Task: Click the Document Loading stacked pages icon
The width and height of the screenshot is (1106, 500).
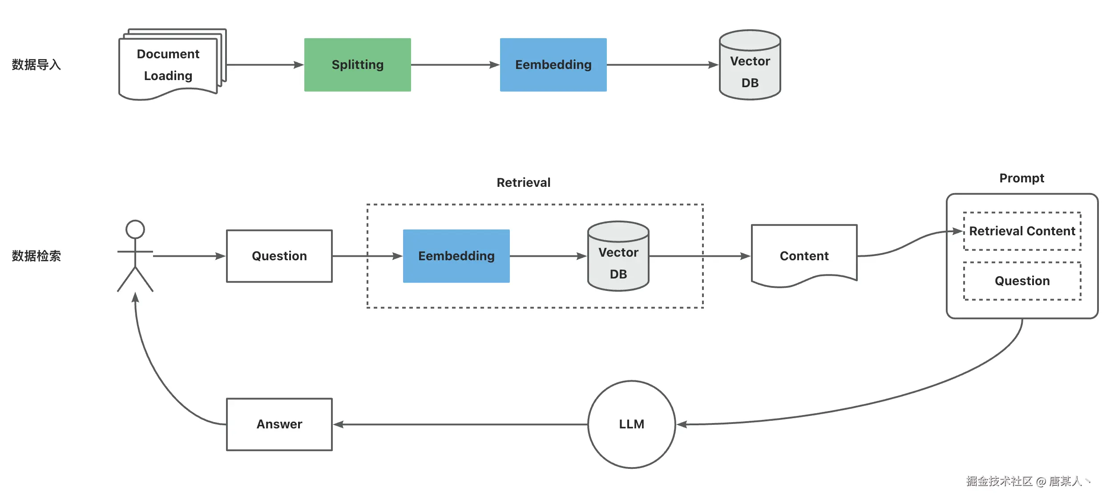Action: (x=169, y=65)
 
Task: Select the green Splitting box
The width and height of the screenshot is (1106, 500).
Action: (x=357, y=65)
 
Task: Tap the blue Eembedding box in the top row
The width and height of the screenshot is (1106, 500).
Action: (x=553, y=65)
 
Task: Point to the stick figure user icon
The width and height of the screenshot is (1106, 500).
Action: (x=135, y=256)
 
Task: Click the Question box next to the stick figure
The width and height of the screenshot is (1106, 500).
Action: (x=279, y=256)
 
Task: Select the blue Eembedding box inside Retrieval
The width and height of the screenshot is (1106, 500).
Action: (x=456, y=256)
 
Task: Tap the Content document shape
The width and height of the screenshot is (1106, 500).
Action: (x=804, y=256)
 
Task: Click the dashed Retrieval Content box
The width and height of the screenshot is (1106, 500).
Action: (x=1022, y=231)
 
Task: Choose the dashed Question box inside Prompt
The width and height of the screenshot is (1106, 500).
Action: (x=1022, y=281)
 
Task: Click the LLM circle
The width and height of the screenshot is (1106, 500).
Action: (x=631, y=424)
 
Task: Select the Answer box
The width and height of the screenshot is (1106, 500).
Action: (x=279, y=424)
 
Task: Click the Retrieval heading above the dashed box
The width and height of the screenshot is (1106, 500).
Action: (x=523, y=183)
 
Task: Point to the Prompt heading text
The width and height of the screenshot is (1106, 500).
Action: (x=1021, y=178)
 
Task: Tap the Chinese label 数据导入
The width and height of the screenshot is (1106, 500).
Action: (x=36, y=65)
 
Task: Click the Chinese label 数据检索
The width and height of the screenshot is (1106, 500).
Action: (x=36, y=256)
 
